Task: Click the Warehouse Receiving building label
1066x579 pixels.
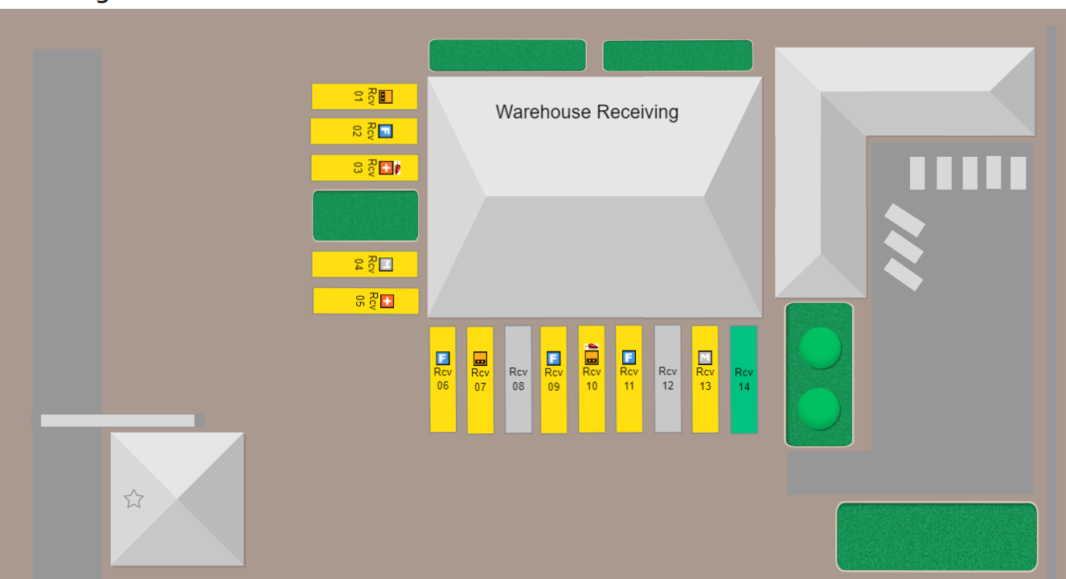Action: [x=587, y=112]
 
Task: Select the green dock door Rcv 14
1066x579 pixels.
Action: [x=744, y=379]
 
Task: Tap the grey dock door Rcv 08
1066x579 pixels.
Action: [x=519, y=379]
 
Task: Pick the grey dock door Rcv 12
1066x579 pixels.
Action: [x=667, y=378]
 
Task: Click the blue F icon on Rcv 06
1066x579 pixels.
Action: [x=443, y=359]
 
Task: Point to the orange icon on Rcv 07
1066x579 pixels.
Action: [x=480, y=359]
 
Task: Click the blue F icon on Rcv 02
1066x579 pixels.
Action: [x=385, y=131]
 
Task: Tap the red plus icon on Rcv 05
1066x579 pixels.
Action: [x=387, y=302]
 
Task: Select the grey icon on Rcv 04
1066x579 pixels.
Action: [x=386, y=264]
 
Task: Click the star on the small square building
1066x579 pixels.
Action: [x=133, y=499]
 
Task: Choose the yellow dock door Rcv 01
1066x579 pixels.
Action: [x=364, y=96]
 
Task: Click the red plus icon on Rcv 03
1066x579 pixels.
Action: [x=387, y=168]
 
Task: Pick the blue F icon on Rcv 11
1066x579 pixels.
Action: [x=629, y=358]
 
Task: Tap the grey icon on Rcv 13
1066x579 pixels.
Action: [x=705, y=358]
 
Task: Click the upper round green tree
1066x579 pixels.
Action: [x=820, y=348]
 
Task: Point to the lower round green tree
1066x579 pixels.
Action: [x=820, y=408]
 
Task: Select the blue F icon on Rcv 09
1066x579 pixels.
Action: [x=554, y=359]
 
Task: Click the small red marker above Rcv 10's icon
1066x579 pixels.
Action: [x=592, y=346]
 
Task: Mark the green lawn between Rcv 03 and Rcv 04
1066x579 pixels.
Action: [x=366, y=216]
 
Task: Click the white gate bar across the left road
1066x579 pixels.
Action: [x=118, y=421]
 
